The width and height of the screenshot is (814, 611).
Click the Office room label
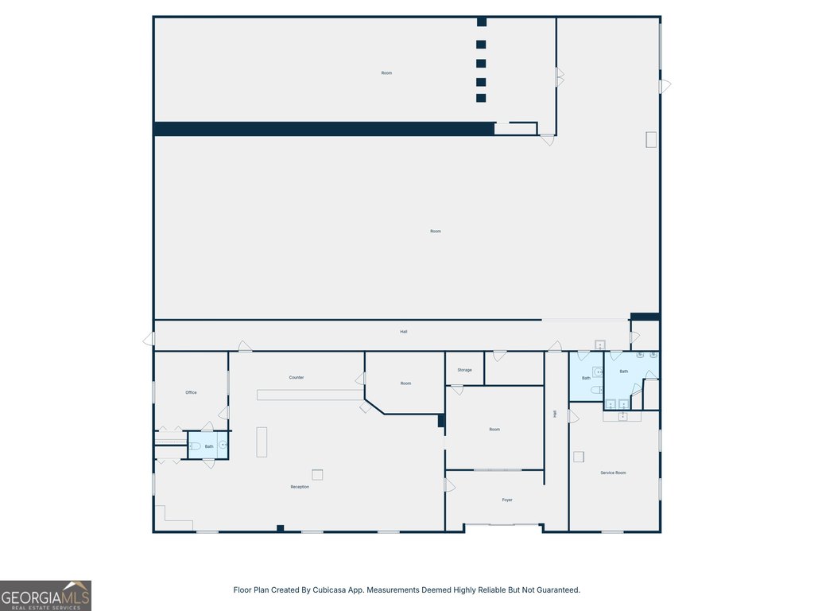click(191, 392)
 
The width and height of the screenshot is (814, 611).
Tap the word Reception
click(300, 487)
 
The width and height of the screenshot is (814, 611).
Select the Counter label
click(297, 377)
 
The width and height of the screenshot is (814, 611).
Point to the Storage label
click(464, 370)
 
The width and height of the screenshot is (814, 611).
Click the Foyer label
click(507, 500)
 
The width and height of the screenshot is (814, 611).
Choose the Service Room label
click(613, 473)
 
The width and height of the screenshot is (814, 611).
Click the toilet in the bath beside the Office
click(195, 446)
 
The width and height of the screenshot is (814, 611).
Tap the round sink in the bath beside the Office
click(223, 445)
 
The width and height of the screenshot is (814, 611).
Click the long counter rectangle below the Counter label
click(311, 395)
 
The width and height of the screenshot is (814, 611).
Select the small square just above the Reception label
click(317, 474)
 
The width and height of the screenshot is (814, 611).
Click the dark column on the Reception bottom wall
click(281, 528)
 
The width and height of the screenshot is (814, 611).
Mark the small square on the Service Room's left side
click(579, 457)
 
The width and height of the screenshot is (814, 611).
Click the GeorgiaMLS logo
click(45, 595)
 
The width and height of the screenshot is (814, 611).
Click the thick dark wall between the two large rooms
click(324, 129)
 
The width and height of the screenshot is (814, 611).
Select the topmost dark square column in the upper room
click(482, 21)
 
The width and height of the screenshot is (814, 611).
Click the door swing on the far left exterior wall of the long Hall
click(149, 339)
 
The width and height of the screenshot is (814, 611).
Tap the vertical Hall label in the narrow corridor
click(555, 414)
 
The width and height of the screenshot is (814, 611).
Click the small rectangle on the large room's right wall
click(651, 140)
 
